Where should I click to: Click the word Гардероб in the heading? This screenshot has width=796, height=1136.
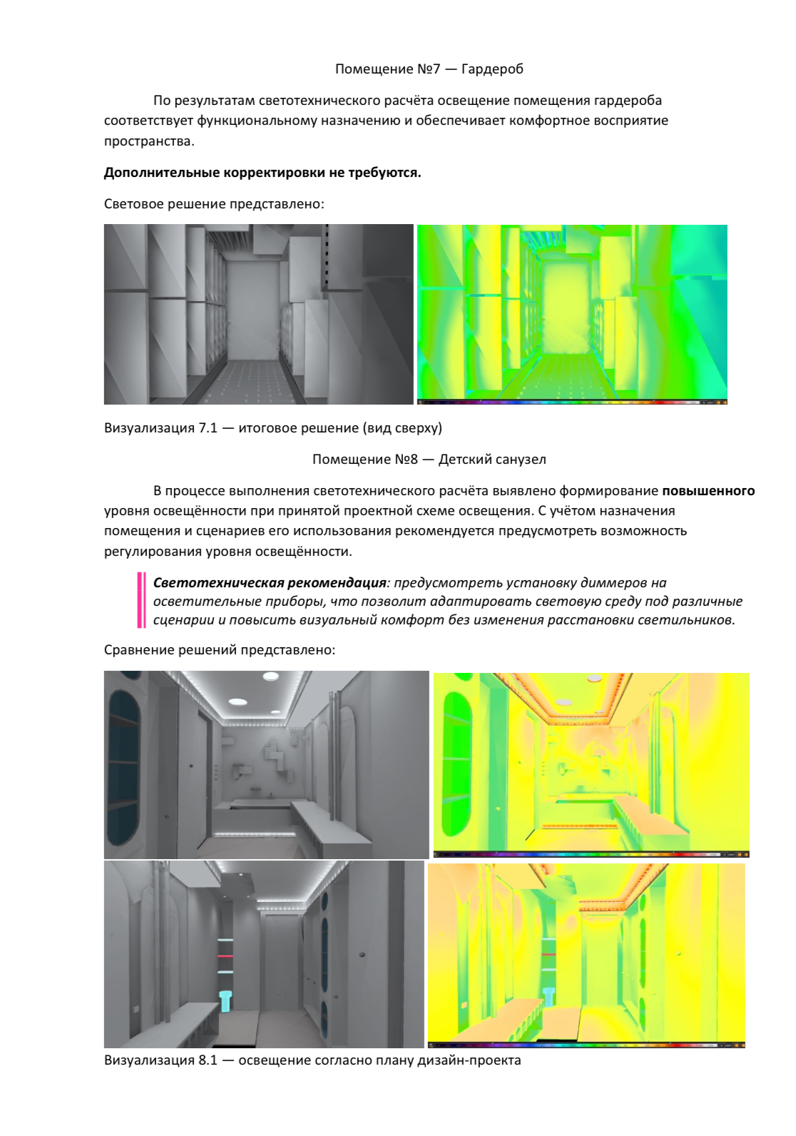(492, 69)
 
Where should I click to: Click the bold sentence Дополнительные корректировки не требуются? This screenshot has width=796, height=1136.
(262, 173)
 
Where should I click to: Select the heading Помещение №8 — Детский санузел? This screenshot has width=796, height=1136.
(429, 460)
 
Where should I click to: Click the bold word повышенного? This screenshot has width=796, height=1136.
(708, 491)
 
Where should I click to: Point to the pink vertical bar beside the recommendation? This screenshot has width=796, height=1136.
(141, 601)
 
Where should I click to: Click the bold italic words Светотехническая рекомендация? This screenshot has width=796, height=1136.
(270, 583)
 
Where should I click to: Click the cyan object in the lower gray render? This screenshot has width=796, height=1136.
(225, 1000)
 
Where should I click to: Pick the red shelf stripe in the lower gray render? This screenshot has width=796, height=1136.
(225, 956)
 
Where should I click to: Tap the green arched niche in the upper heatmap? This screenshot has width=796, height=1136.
(456, 764)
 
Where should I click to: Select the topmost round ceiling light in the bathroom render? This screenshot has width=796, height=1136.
(271, 676)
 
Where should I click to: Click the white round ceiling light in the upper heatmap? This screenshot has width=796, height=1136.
(564, 702)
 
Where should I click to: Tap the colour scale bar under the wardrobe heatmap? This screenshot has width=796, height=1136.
(571, 402)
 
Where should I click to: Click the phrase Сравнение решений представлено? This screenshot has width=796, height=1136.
(219, 650)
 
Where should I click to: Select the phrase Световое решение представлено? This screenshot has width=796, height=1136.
(213, 204)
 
